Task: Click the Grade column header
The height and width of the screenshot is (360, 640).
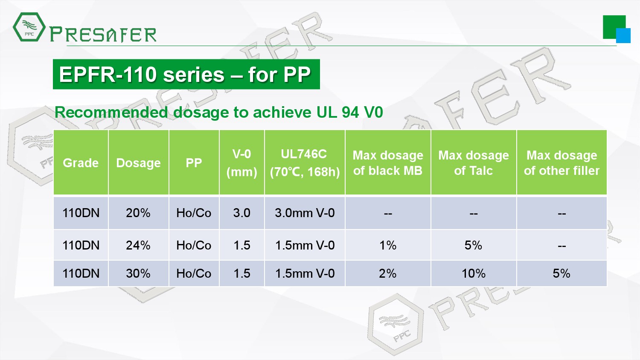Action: [81, 163]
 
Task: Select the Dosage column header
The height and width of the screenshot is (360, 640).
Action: [138, 163]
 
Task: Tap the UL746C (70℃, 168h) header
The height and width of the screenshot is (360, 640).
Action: [305, 163]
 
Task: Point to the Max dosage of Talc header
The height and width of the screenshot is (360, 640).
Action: [474, 163]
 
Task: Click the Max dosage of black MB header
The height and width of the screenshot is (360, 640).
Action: [388, 163]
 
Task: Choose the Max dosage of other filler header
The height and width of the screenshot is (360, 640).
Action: [562, 163]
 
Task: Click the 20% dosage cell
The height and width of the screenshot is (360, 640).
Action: [138, 213]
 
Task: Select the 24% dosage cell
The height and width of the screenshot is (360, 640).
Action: [138, 245]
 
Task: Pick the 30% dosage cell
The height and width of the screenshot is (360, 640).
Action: [138, 273]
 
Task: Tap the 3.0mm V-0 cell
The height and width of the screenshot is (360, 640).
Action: [305, 213]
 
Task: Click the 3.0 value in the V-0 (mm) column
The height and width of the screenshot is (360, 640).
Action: [242, 213]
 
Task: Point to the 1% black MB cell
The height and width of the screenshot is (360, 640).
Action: [388, 245]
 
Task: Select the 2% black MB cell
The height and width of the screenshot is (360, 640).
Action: [388, 273]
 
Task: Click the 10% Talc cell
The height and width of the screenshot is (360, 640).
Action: [474, 273]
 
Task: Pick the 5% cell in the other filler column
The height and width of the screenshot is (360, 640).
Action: [562, 273]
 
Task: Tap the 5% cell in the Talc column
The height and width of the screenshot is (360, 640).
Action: [474, 245]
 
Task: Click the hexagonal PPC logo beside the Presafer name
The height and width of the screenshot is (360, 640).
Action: [29, 27]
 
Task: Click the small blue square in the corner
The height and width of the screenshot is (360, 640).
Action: [623, 36]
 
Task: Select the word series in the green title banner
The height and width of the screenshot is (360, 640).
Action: [194, 74]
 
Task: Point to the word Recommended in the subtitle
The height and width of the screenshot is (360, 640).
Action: [111, 112]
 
